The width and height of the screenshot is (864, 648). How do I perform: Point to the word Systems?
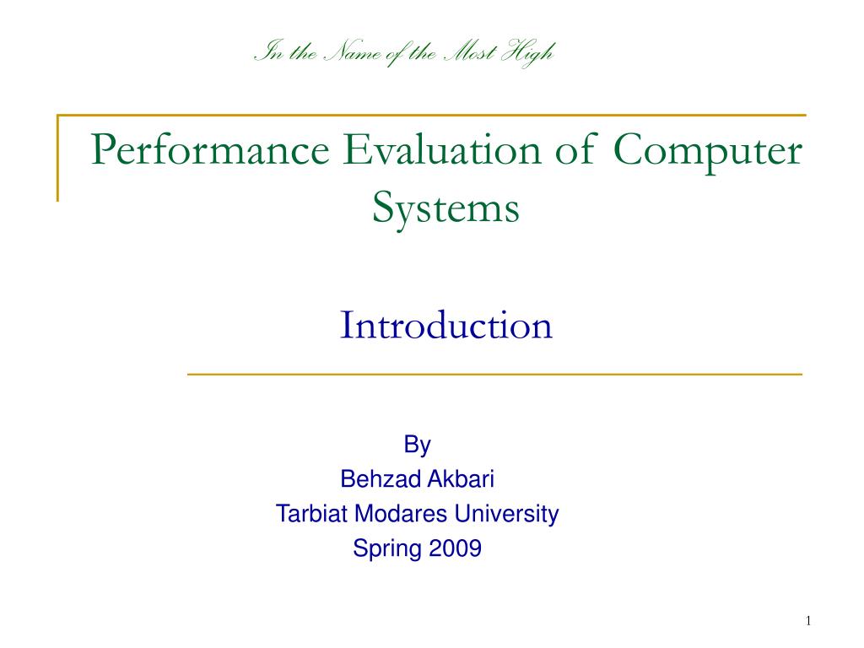(x=445, y=209)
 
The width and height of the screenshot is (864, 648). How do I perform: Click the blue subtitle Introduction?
(x=445, y=326)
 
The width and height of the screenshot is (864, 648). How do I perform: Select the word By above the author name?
(x=417, y=445)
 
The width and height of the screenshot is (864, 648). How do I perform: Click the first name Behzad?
(x=380, y=479)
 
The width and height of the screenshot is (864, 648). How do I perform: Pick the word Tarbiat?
(x=311, y=514)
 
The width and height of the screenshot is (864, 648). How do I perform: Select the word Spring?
(x=387, y=549)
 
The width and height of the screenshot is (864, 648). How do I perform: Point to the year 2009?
(x=456, y=549)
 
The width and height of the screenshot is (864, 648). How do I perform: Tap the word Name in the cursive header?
(x=346, y=54)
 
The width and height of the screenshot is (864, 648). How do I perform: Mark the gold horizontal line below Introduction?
(x=494, y=374)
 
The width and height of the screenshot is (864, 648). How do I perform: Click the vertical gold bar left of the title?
(x=57, y=158)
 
